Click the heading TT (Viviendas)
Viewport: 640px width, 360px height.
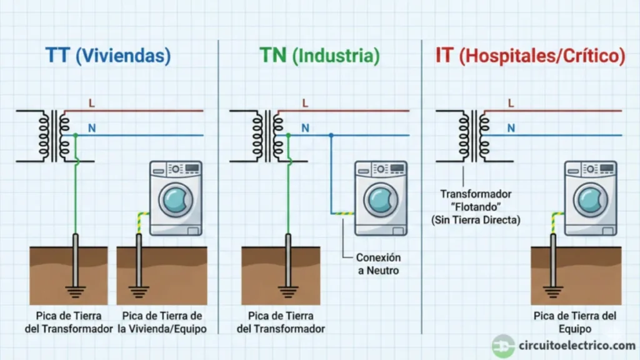[x=108, y=56]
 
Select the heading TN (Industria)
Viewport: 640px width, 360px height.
[x=319, y=56]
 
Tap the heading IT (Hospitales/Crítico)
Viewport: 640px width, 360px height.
[x=530, y=56]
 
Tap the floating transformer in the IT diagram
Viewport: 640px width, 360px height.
[x=472, y=136]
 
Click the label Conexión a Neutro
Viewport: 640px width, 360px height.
[x=378, y=264]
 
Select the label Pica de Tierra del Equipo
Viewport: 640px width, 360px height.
[x=575, y=322]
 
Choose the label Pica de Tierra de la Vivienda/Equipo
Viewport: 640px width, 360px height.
[x=162, y=322]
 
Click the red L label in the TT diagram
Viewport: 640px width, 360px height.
[x=92, y=103]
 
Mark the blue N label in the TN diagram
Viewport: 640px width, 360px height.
[x=306, y=128]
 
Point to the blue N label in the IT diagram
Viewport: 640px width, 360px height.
[x=511, y=128]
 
